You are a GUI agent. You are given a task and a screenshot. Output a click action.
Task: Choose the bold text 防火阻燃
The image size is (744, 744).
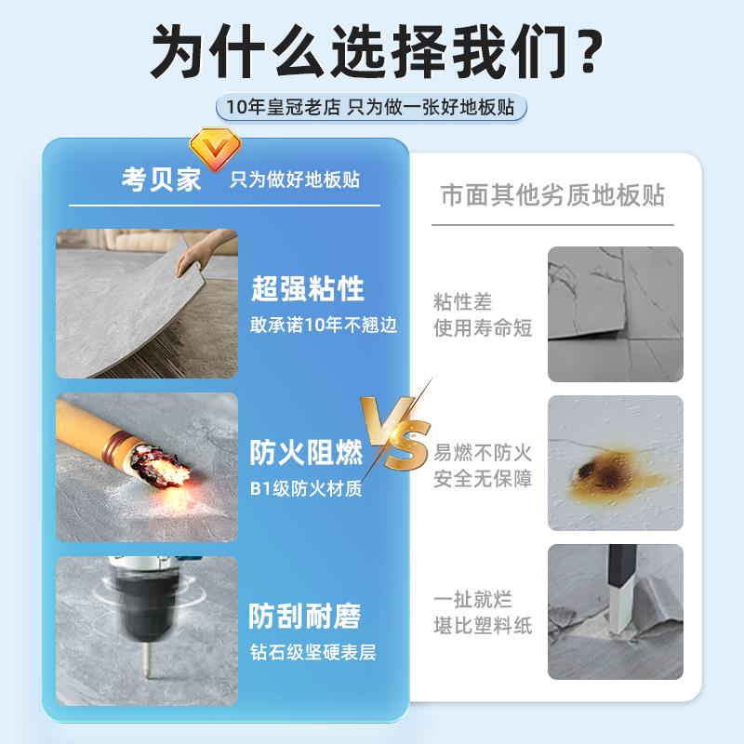306,453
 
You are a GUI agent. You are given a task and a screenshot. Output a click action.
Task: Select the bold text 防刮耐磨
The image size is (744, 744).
304,616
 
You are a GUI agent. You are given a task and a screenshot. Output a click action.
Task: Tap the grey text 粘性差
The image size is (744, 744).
462,302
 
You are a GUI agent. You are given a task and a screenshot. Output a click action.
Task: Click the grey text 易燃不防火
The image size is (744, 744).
483,454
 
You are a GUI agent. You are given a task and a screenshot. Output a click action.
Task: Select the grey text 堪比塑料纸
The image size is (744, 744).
483,625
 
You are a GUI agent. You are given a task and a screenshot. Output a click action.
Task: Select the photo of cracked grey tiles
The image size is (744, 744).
615,313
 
